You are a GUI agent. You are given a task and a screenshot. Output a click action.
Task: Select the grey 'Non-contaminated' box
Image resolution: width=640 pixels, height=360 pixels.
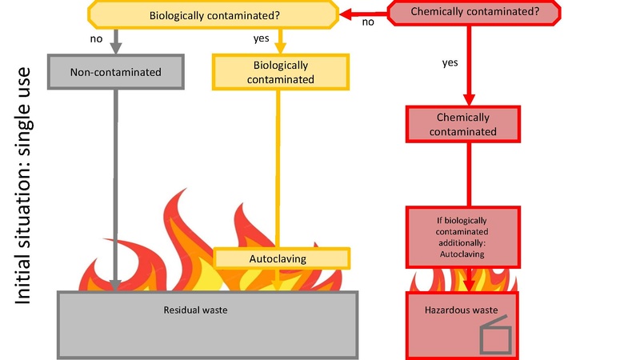(115, 73)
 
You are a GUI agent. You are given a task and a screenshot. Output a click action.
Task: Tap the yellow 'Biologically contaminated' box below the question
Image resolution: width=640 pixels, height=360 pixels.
(280, 73)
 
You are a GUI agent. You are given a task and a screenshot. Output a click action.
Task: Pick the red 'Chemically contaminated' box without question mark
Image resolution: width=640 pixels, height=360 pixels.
(464, 124)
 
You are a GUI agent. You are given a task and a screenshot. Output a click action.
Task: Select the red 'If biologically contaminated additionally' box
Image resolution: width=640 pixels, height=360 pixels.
(464, 236)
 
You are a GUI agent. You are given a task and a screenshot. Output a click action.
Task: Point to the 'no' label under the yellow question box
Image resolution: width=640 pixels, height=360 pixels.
(96, 38)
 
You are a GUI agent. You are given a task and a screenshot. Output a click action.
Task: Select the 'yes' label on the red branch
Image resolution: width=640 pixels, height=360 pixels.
(450, 62)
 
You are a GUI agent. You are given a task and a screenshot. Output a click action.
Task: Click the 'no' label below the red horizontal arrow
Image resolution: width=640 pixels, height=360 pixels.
(368, 22)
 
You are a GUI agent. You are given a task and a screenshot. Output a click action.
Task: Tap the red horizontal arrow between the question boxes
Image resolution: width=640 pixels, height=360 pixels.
(364, 12)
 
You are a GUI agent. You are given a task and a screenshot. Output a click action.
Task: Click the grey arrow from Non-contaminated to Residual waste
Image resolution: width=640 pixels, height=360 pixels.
(117, 184)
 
